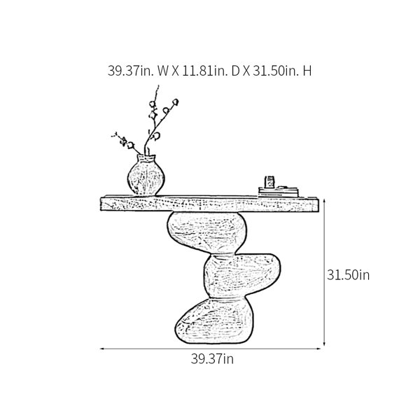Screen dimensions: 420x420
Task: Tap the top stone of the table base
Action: (206, 232)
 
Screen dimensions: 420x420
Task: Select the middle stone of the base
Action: (242, 276)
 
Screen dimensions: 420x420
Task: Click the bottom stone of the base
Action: (214, 321)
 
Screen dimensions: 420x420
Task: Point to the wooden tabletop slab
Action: (210, 204)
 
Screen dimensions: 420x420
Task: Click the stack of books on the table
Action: (279, 192)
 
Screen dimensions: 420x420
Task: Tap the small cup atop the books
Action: (269, 182)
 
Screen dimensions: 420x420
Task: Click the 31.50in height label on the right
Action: (348, 275)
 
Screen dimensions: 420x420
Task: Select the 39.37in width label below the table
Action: (212, 358)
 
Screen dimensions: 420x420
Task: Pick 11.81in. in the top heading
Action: (205, 71)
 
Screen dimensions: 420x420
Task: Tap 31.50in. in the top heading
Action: (276, 71)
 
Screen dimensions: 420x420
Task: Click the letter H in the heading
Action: (307, 71)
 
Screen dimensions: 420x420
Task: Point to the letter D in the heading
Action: (235, 71)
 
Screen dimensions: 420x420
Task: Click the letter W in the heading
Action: (163, 71)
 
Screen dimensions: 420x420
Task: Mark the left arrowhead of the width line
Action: (101, 349)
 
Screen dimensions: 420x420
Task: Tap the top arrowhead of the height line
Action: (324, 201)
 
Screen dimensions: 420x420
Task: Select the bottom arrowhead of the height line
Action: (324, 344)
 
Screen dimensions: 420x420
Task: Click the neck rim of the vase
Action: (146, 157)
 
